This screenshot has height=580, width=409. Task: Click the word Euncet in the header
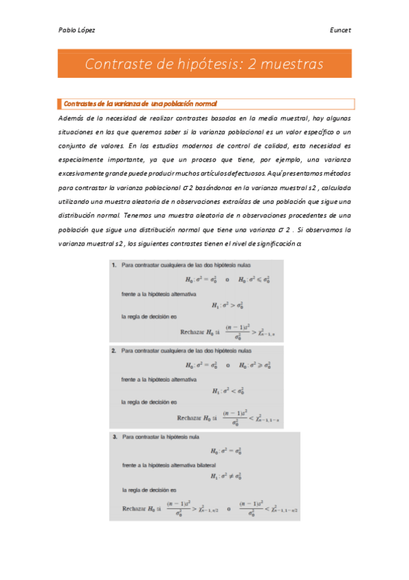click(340, 30)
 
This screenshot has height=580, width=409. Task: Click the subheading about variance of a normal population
click(140, 104)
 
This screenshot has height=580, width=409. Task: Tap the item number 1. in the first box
click(115, 265)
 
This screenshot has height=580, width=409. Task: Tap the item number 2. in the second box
click(115, 350)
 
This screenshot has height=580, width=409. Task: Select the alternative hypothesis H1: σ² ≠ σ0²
click(225, 475)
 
